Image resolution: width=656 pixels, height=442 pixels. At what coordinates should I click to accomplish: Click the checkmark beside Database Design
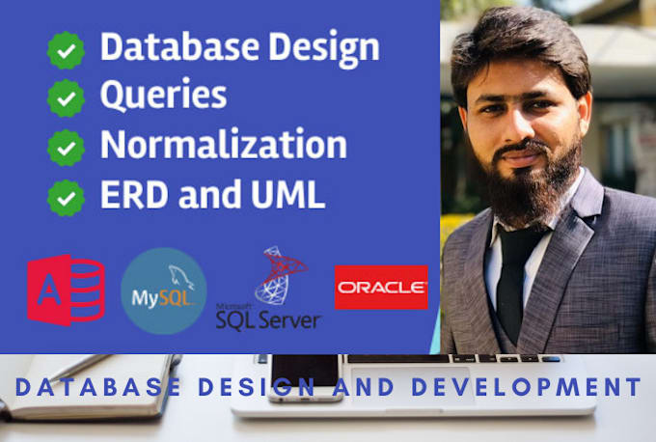point(67,51)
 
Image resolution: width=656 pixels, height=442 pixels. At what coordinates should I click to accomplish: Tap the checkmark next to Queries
point(67,98)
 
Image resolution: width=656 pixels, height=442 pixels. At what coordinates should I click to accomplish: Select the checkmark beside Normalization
point(67,148)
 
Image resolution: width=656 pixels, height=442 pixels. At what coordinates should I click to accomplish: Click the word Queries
point(164,96)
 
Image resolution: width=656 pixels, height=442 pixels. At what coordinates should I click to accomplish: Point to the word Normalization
point(223,145)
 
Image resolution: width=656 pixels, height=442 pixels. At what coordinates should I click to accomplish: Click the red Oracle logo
point(381,287)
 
